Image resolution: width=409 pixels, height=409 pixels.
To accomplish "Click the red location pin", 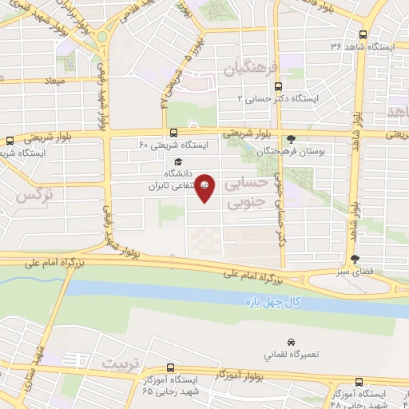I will pos(205,187).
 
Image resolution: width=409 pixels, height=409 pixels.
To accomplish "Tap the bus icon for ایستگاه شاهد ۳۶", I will pos(363,35).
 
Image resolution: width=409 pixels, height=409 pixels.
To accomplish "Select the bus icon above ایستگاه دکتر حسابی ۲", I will pos(278,86).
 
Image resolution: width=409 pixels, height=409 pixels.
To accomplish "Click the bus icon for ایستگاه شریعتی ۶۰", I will pos(173,133).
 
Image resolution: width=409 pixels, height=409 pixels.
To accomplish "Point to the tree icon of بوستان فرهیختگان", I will pos(291,137).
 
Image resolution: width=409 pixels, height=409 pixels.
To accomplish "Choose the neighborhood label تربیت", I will pos(121,363).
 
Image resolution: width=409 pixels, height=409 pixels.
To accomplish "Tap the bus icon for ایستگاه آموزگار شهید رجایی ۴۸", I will pos(359,383).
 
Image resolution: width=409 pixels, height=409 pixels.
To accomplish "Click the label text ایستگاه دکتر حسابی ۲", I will pos(279,98).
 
